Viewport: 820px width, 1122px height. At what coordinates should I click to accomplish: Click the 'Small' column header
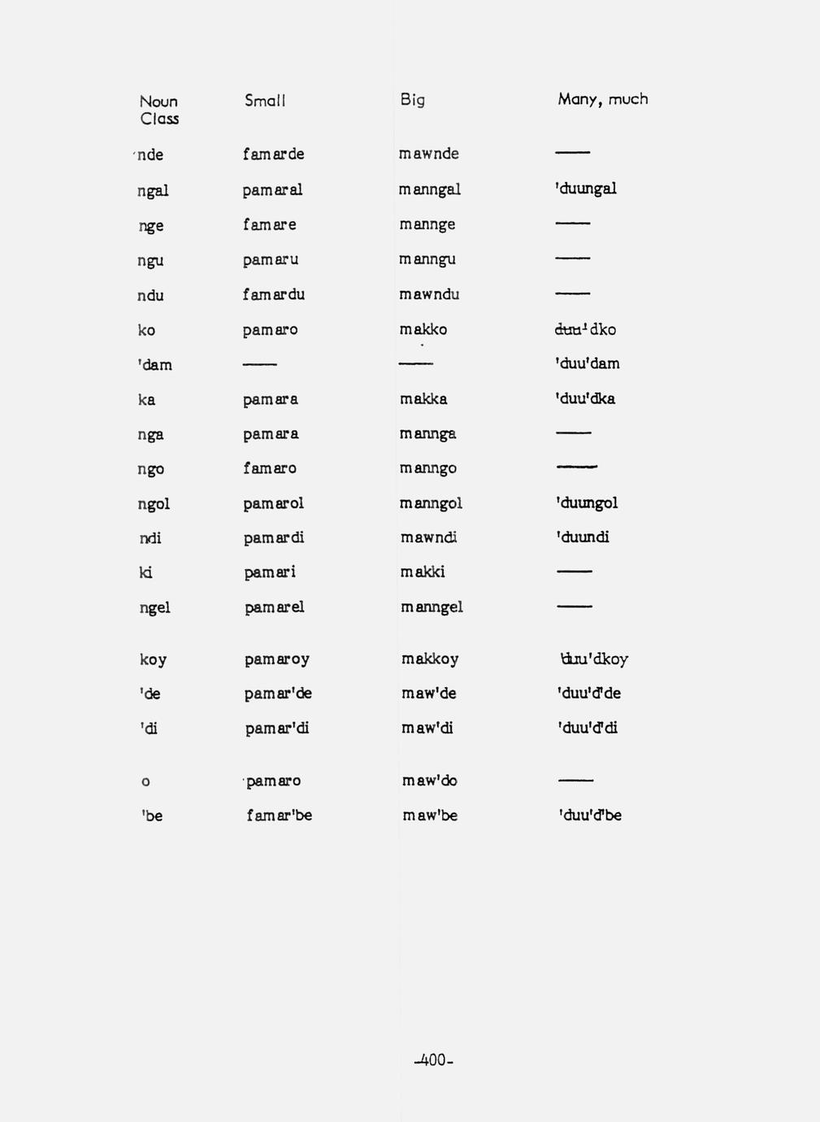pos(265,101)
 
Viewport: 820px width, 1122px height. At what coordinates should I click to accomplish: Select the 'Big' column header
pos(412,100)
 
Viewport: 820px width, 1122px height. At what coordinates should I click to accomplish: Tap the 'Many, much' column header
pos(602,99)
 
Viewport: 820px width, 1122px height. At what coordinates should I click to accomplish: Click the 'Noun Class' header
pos(158,110)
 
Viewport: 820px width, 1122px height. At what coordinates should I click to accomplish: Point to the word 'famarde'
pos(273,154)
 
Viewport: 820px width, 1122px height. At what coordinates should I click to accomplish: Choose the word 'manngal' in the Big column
pos(429,189)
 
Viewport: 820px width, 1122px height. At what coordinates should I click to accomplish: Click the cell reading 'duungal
pos(585,189)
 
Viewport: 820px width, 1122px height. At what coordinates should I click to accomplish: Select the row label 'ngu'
pos(150,261)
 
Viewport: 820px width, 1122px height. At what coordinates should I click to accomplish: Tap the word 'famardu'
pos(273,294)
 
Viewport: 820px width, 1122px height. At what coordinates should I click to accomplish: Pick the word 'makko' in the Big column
pos(423,329)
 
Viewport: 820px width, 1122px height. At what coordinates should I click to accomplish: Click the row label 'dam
pos(154,365)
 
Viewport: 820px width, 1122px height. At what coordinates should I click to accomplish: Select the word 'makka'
pos(423,399)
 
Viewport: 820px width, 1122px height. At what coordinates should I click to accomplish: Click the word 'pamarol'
pos(273,503)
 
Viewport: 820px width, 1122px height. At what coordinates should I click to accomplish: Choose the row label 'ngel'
pos(154,607)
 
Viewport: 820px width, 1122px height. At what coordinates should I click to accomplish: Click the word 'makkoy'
pos(430,659)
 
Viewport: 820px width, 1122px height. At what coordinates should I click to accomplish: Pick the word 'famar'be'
pos(279,815)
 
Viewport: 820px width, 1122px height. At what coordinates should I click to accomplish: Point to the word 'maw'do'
pos(429,781)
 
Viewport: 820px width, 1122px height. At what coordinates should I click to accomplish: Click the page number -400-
pos(433,1060)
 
